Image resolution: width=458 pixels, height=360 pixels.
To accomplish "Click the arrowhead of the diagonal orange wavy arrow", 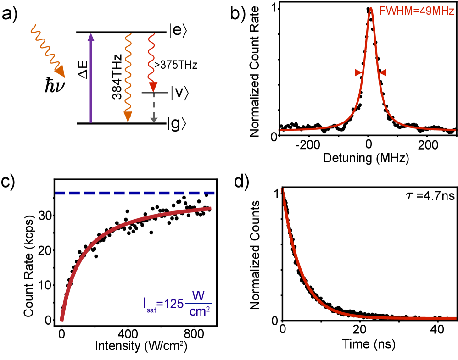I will [60, 72].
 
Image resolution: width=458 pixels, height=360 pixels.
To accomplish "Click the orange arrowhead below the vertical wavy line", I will [128, 116].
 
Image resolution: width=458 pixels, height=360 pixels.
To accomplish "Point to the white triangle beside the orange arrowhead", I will [122, 116].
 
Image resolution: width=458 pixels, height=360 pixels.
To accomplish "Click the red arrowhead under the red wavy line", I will [153, 87].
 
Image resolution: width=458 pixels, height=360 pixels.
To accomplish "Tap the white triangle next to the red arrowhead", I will [147, 85].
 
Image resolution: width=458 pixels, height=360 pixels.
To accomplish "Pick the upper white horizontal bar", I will [154, 100].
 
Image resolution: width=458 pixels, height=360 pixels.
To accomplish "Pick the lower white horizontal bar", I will [155, 110].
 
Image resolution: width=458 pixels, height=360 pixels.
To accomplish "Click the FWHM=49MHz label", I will [416, 11].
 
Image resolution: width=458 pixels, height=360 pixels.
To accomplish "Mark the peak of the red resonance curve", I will [371, 8].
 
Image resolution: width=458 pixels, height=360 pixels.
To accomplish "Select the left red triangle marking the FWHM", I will [359, 72].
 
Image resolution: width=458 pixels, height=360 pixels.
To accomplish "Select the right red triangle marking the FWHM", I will [383, 72].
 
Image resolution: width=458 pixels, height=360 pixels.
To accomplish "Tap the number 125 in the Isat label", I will [174, 304].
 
